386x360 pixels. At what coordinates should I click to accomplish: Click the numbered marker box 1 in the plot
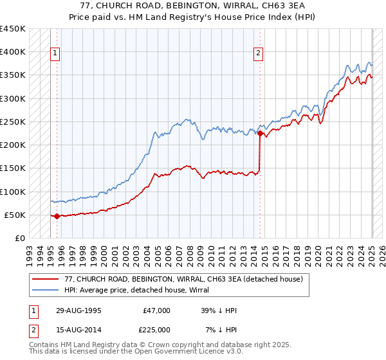click(55, 54)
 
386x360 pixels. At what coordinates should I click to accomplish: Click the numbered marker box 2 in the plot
click(258, 54)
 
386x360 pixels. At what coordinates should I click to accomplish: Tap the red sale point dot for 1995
click(57, 216)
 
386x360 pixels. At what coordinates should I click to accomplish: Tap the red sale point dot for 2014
click(260, 134)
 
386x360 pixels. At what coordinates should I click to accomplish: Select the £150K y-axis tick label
click(12, 168)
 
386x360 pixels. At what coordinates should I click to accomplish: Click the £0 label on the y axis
click(20, 239)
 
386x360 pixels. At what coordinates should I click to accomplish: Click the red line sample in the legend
click(45, 279)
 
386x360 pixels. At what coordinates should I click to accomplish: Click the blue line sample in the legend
click(45, 291)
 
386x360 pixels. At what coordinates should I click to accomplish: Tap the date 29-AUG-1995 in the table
click(78, 310)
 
